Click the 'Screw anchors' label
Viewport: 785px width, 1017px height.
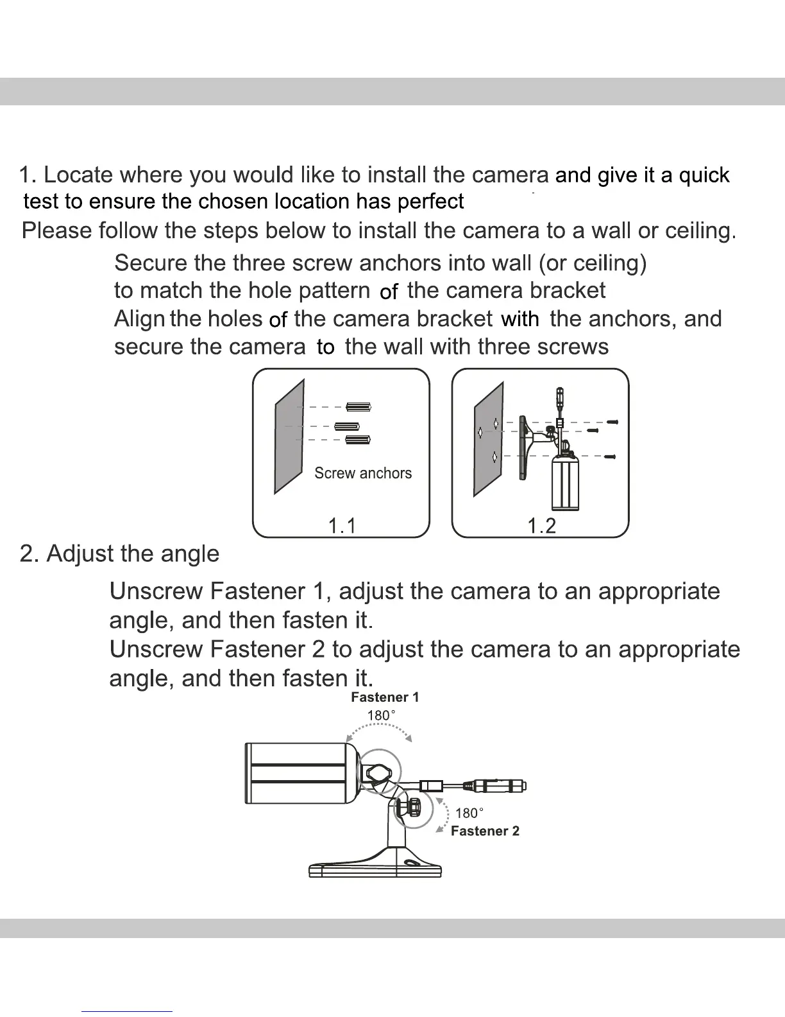tap(363, 473)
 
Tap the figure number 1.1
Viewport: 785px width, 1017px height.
tap(342, 526)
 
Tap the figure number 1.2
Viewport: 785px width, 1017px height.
tap(541, 526)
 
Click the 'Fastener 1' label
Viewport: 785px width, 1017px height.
tap(385, 697)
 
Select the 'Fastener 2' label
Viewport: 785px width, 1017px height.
tap(485, 831)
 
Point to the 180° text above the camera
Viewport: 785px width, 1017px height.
tap(381, 715)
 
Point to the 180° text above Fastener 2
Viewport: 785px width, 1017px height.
tap(469, 813)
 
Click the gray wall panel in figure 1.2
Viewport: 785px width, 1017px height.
tap(489, 439)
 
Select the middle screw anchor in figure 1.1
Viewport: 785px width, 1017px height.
tap(347, 426)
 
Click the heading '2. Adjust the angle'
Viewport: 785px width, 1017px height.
tap(119, 553)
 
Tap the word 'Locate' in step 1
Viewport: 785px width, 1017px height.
tap(78, 175)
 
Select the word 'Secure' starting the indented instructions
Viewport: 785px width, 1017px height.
tap(150, 263)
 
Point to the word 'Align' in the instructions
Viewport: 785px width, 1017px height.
tap(139, 319)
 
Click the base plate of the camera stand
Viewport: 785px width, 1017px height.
tap(375, 869)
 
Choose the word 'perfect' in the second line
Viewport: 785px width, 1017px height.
tap(430, 202)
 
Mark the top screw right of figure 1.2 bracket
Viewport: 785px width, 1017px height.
tap(612, 422)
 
